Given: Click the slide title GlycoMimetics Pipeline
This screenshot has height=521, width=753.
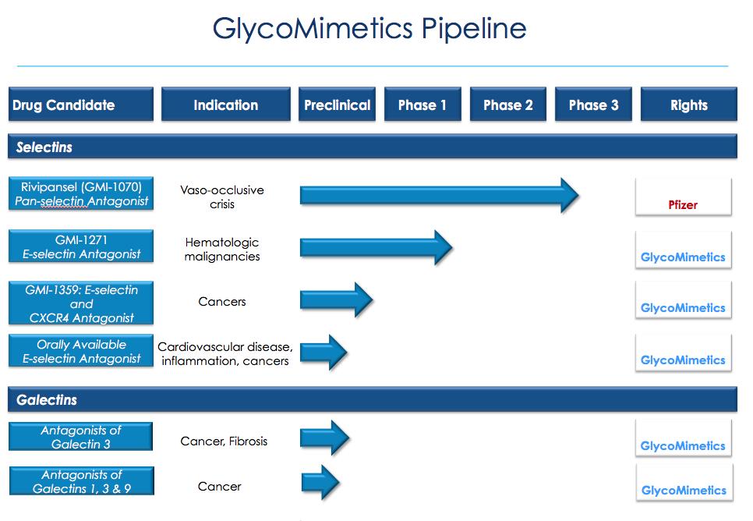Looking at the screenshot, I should (x=369, y=29).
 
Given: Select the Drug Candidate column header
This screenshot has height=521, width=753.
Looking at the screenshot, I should (x=81, y=105).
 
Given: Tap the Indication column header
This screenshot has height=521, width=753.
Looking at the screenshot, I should (x=225, y=105).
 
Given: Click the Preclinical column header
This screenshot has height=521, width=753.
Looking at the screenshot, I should (x=337, y=105).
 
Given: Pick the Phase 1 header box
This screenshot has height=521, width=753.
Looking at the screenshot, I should (x=422, y=105).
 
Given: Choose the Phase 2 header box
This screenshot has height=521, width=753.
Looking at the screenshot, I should (x=508, y=105).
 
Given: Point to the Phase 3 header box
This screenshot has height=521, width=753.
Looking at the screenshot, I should (x=593, y=105).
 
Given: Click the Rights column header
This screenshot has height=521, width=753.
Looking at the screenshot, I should (x=688, y=105).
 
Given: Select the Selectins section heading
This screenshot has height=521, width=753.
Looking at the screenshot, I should (x=44, y=147).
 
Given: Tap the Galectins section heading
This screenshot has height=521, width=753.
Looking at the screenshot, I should (x=47, y=400).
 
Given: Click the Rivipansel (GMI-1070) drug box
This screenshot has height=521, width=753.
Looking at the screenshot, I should (x=81, y=194).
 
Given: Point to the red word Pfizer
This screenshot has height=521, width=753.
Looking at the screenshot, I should (x=683, y=205).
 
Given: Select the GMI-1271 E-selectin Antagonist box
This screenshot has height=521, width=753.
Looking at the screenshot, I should (x=81, y=246).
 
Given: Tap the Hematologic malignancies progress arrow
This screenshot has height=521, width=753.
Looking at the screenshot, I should (x=374, y=247).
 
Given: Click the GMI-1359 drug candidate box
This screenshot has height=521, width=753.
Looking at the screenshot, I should (x=81, y=303).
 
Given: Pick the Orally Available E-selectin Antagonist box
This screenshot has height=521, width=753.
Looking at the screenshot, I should (x=81, y=351).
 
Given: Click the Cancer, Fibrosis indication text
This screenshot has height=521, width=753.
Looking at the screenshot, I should (x=224, y=441).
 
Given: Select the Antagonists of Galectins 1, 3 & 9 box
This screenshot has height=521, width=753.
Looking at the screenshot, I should (x=81, y=481).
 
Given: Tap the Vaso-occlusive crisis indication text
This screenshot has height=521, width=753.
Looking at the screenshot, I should (x=222, y=197).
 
